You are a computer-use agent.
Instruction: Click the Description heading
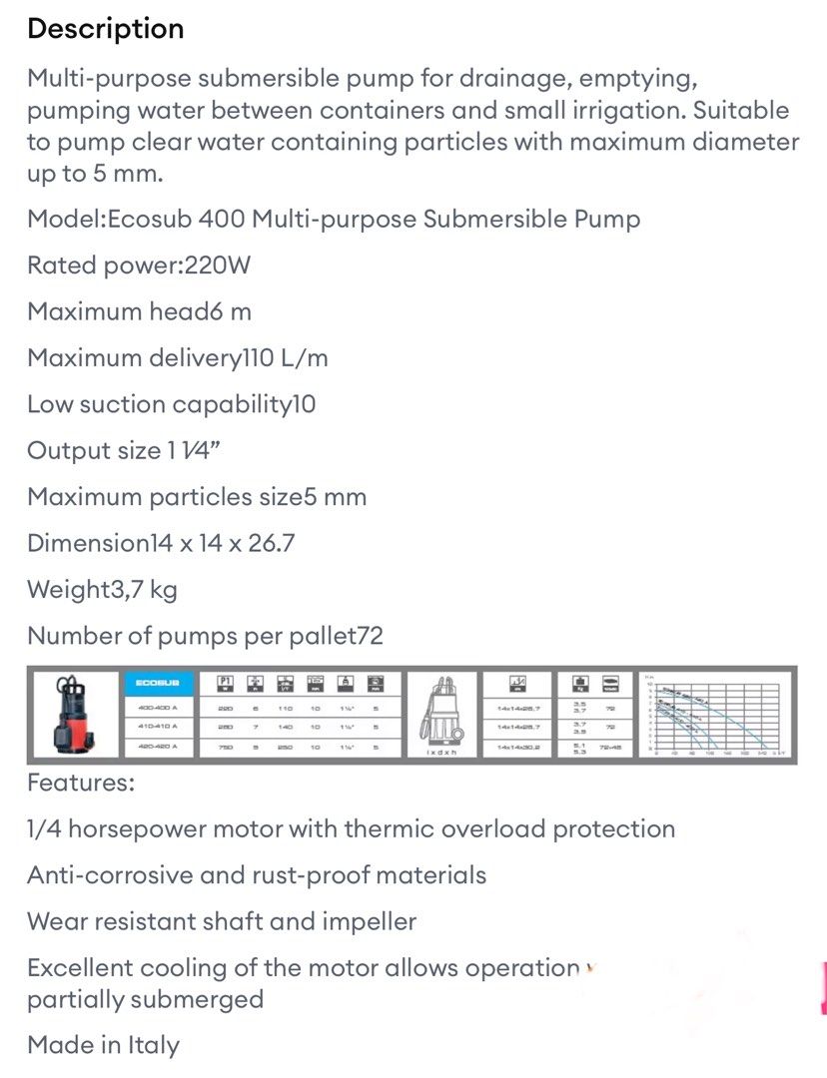(105, 29)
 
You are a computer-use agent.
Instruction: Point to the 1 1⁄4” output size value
(193, 451)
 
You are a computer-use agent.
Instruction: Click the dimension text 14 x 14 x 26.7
(221, 543)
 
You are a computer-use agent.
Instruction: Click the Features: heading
(80, 783)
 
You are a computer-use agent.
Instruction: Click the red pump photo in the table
(73, 715)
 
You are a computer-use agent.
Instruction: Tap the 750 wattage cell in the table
(227, 747)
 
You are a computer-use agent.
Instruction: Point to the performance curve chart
(716, 713)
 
